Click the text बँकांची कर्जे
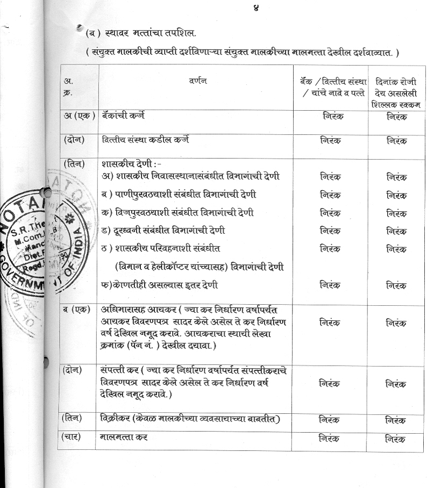click(x=123, y=116)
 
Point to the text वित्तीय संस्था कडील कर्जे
click(x=145, y=140)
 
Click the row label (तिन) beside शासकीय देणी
click(x=75, y=163)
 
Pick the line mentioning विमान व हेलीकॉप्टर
click(x=200, y=267)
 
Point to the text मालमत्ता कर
click(x=124, y=437)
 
